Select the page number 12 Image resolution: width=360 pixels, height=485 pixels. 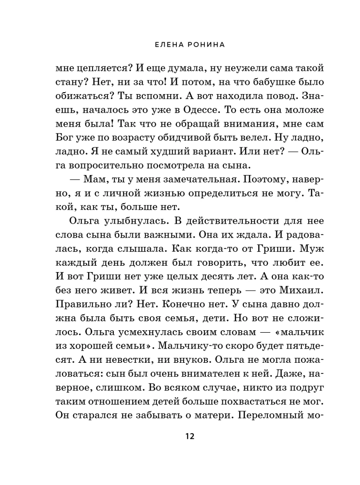[x=189, y=436]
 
